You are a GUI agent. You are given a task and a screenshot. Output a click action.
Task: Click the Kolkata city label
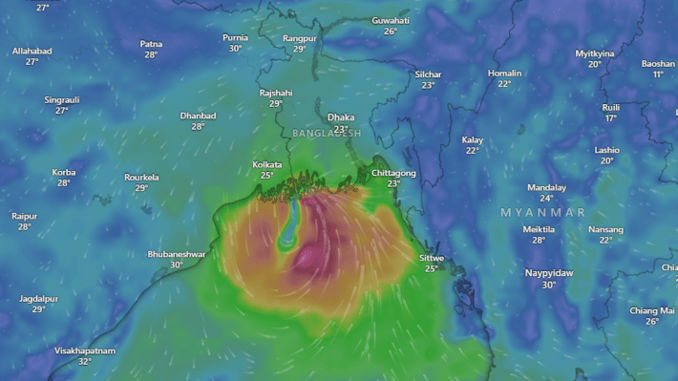coord(267,164)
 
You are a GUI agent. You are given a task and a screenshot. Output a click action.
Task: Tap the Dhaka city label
coord(341,117)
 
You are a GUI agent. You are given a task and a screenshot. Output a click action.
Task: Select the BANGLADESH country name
coord(328,133)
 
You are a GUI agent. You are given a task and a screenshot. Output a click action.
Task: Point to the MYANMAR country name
coord(542,211)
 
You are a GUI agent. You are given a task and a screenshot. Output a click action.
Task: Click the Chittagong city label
coord(393,173)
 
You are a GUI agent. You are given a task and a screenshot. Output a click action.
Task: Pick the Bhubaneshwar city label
coord(176,254)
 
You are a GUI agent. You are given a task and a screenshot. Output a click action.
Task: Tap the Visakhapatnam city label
coord(84,350)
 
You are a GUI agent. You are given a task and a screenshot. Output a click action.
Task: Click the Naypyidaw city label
coord(549,273)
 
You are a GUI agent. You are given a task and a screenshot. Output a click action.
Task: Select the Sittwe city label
coord(432,258)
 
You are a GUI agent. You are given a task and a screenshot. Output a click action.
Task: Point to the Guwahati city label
coord(391,20)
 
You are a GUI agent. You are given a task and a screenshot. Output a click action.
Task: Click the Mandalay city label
coord(546,187)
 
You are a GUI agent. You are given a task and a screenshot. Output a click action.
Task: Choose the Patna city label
coord(151,44)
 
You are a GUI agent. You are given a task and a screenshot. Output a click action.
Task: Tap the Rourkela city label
coord(141,178)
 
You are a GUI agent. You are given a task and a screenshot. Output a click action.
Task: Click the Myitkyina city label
coord(595,53)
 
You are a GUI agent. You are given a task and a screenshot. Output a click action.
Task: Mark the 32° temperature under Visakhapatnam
coord(84,362)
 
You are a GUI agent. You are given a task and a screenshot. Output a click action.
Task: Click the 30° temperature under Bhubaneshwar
coord(176,265)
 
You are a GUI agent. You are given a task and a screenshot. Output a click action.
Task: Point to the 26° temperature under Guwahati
coord(391,32)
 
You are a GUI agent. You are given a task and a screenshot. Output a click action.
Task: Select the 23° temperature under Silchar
coord(429,85)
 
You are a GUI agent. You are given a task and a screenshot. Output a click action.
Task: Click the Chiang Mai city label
coord(652,310)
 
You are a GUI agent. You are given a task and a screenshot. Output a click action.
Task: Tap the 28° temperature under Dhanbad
coord(198,126)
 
